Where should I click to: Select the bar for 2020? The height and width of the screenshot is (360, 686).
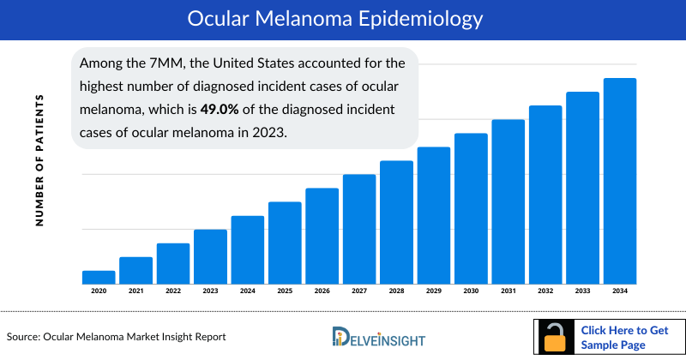[x=99, y=277]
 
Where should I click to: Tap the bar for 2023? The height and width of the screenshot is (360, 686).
[x=210, y=256]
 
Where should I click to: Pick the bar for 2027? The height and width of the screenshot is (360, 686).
[x=359, y=229]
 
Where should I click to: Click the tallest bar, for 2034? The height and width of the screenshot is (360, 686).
[x=620, y=181]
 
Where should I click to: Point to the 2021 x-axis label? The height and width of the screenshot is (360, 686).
[x=135, y=291]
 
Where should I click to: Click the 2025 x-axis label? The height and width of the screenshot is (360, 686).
[x=285, y=291]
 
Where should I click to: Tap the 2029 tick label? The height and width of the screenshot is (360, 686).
[x=434, y=291]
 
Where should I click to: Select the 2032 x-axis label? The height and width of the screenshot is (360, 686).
[x=545, y=291]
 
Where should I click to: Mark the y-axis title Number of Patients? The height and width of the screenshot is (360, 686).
[x=39, y=160]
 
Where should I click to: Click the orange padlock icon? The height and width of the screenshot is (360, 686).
[x=555, y=338]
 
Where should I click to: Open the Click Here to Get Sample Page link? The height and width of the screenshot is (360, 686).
[x=624, y=337]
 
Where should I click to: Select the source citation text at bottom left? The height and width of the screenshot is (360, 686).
[x=116, y=337]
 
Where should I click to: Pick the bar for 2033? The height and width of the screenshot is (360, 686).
[x=582, y=188]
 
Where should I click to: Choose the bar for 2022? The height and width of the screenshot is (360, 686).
[x=173, y=263]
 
